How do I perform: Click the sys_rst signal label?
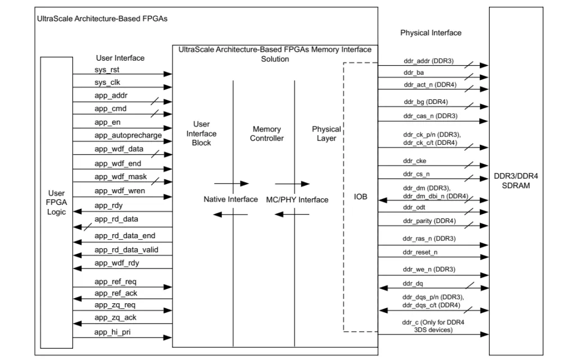(107, 69)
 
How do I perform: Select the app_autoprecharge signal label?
(128, 135)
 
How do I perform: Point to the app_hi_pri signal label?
(113, 333)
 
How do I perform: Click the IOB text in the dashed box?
(360, 197)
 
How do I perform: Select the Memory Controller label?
(267, 134)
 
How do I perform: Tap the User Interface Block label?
(201, 134)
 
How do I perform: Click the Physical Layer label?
(326, 134)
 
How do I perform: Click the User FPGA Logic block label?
(56, 202)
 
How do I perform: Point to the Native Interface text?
(230, 199)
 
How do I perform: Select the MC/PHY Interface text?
(298, 200)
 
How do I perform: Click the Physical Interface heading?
(430, 33)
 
